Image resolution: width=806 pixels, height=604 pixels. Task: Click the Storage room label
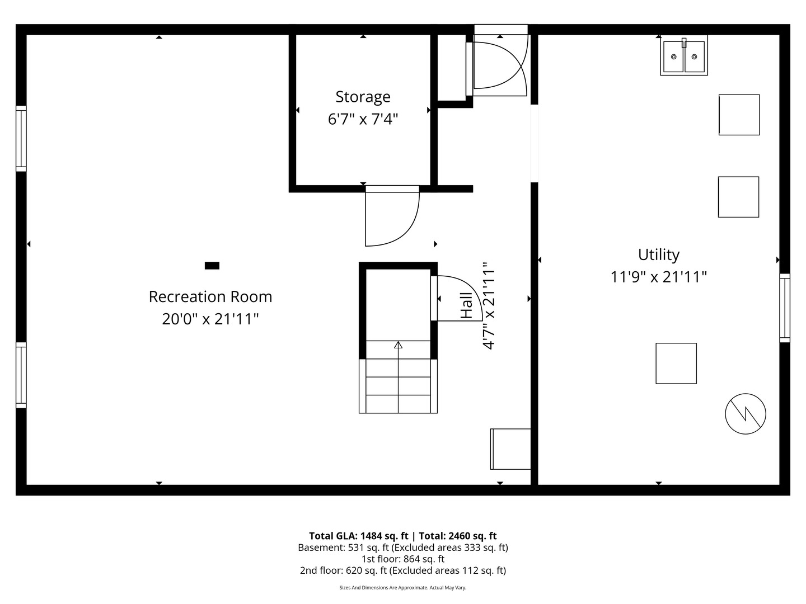(363, 97)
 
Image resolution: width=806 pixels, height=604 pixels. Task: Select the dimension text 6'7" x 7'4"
(363, 119)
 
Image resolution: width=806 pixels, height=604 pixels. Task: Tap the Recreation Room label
(210, 296)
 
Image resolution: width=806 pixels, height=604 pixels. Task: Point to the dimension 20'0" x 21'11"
(210, 319)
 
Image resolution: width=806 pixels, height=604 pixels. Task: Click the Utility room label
(659, 254)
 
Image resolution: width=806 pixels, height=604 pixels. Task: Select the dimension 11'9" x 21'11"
(659, 277)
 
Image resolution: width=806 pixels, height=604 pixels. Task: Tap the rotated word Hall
(466, 306)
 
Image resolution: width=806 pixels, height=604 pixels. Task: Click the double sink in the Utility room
(683, 56)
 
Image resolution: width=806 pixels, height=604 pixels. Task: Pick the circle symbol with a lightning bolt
(745, 414)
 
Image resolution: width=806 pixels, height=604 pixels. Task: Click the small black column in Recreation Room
(212, 266)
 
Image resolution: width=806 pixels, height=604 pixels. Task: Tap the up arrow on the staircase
(398, 345)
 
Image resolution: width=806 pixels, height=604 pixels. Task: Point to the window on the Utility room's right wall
(785, 308)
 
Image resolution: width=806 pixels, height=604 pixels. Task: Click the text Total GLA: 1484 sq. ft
(358, 536)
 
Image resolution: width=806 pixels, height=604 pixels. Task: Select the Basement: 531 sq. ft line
(402, 548)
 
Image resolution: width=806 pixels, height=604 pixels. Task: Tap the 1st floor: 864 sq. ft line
(402, 559)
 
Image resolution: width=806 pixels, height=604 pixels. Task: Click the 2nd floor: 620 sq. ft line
(402, 570)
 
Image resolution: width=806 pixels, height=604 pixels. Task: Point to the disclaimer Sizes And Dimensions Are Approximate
(402, 588)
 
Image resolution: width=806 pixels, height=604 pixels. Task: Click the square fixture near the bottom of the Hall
(510, 449)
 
